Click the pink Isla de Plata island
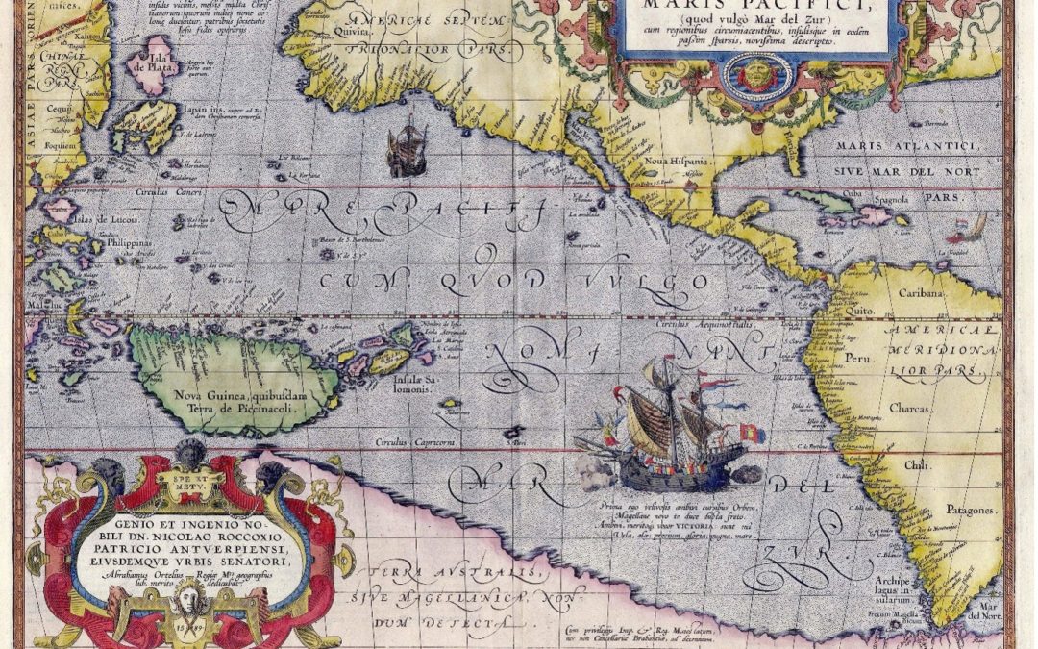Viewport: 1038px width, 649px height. point(150,66)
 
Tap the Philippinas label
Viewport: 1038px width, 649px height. point(128,244)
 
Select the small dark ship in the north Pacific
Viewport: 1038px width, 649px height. point(407,149)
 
